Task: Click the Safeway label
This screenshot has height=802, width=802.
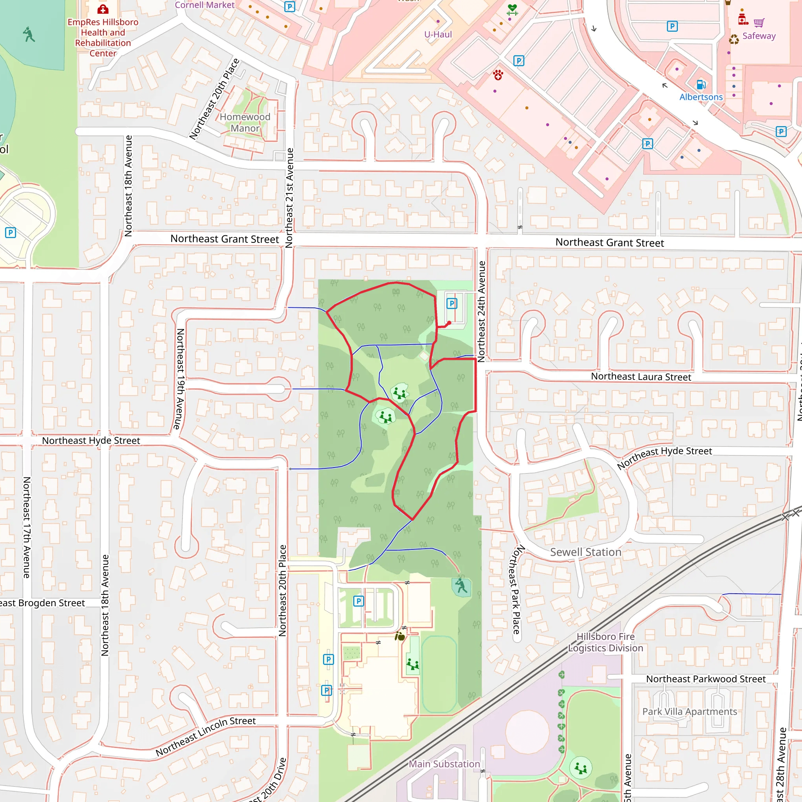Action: click(x=759, y=36)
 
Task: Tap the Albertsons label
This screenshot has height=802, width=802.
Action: click(x=701, y=97)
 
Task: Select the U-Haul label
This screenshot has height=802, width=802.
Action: click(x=437, y=34)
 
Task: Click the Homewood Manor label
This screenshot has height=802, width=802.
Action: click(x=245, y=123)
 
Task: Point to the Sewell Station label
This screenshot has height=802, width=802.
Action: click(x=585, y=552)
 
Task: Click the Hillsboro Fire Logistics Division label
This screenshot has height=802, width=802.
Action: click(x=605, y=642)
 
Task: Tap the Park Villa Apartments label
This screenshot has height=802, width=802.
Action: click(x=690, y=711)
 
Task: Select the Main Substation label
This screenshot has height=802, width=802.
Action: click(x=444, y=763)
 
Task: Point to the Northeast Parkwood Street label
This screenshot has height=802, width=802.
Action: click(x=705, y=679)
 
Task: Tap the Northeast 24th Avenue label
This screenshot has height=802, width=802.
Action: click(x=481, y=311)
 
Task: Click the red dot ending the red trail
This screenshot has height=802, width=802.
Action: click(x=449, y=323)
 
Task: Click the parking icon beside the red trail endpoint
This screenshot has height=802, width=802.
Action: click(x=452, y=303)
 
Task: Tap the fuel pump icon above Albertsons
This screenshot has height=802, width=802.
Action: click(x=701, y=85)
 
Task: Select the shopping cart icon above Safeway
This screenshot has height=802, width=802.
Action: click(x=759, y=22)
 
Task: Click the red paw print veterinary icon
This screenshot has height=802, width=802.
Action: click(x=498, y=75)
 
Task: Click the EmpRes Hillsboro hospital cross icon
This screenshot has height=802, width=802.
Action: click(x=103, y=9)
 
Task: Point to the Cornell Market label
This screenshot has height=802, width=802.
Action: click(x=204, y=5)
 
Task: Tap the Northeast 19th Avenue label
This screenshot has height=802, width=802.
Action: click(x=180, y=379)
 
